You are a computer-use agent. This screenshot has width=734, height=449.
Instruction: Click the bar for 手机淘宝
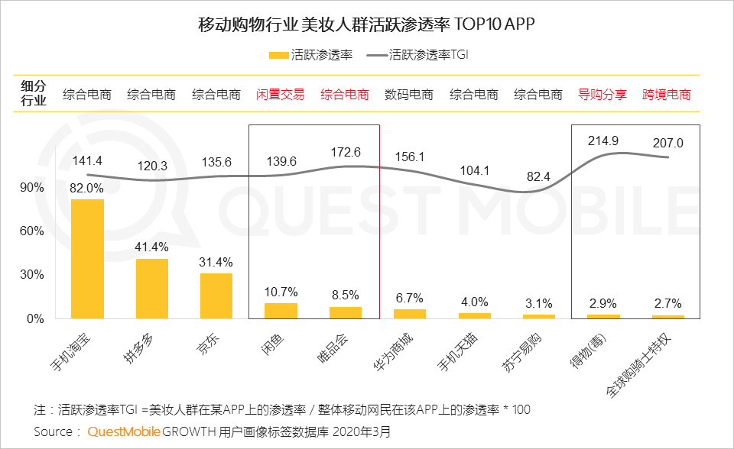[x=87, y=258]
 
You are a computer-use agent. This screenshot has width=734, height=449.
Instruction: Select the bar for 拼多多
[x=152, y=288]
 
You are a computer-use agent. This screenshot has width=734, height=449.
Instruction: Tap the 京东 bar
[x=216, y=296]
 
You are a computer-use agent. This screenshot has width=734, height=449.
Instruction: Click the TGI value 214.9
[x=603, y=141]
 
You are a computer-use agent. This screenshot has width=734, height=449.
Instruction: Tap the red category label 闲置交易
[x=280, y=95]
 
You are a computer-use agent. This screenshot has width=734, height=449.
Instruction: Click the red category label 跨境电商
[x=667, y=95]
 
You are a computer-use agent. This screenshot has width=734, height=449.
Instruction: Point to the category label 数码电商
[x=409, y=95]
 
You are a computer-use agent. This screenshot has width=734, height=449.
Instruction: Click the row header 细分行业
[x=34, y=92]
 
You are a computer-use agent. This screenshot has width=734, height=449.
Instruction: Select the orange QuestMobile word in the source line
[x=124, y=431]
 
